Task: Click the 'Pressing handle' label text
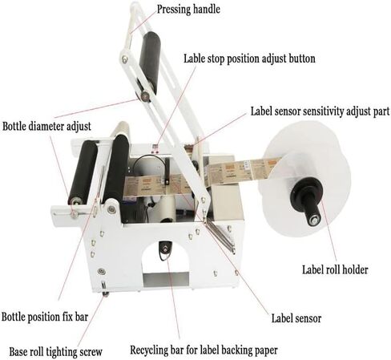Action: [188, 10]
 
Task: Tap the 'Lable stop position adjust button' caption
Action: [249, 59]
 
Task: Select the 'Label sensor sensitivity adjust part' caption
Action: [320, 111]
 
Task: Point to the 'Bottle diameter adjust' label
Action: [46, 127]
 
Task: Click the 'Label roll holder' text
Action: [335, 269]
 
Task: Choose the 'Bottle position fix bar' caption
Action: [45, 317]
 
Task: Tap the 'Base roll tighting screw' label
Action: [56, 352]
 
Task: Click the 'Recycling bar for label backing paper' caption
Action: [204, 350]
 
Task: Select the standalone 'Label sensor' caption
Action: [296, 318]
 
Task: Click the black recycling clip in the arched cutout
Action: [164, 250]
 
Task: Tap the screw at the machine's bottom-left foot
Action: [106, 294]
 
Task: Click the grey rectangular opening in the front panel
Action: [166, 279]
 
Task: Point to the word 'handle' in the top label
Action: [207, 9]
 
